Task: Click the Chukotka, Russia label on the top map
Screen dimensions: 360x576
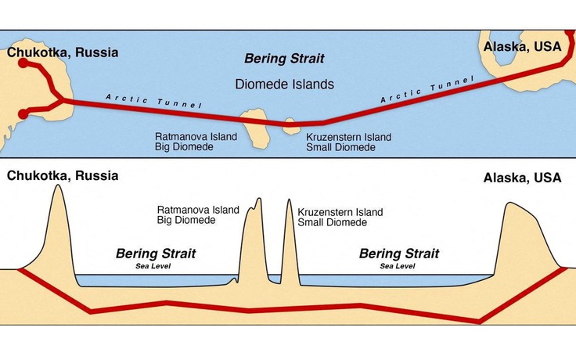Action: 63,53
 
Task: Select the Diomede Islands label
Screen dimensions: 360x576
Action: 285,84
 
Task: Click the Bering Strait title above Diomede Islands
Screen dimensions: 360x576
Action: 284,59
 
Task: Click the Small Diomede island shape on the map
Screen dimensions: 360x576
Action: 292,125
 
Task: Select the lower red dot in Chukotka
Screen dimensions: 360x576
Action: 23,114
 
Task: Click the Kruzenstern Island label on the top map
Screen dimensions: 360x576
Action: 348,138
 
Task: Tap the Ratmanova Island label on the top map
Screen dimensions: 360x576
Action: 195,138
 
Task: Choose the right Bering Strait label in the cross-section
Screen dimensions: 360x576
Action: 398,254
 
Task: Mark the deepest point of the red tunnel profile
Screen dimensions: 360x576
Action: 479,321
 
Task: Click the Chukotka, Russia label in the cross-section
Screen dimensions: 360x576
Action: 63,175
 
